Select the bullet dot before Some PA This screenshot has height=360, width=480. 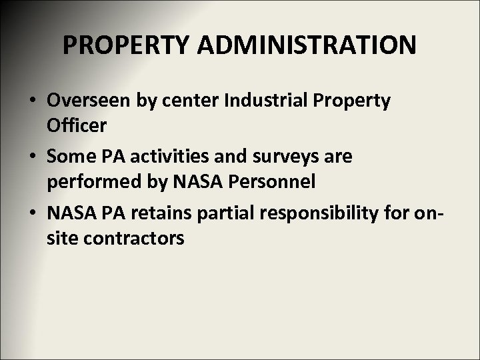pyautogui.click(x=32, y=157)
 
